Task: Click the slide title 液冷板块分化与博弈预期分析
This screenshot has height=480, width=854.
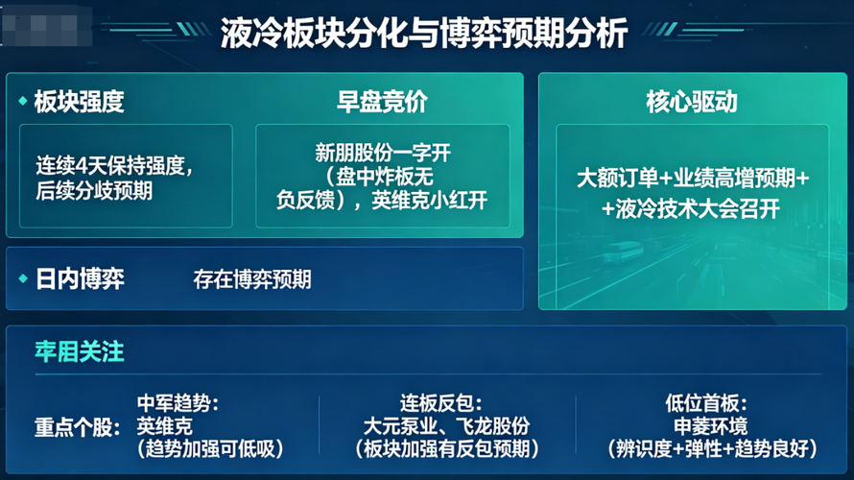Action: tap(424, 33)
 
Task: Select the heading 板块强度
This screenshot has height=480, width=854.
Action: tap(79, 102)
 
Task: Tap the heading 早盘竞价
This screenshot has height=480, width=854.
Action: tap(382, 102)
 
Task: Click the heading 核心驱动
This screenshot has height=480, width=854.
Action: tap(692, 102)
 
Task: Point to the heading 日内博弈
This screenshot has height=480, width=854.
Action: tap(80, 279)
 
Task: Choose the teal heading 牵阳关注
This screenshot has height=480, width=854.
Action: tap(80, 351)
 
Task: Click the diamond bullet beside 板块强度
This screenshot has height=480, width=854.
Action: tap(23, 101)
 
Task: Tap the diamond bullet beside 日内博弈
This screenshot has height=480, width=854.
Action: tap(23, 278)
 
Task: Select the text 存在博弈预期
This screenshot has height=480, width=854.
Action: tap(252, 279)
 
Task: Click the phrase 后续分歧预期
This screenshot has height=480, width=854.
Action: tap(94, 191)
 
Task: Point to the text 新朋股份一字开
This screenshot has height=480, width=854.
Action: tap(383, 153)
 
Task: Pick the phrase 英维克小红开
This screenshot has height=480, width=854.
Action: tap(429, 201)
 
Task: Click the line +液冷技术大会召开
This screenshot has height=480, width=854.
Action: tap(691, 208)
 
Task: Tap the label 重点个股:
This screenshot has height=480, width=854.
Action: tap(78, 427)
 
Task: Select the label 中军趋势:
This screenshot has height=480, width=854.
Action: tap(178, 403)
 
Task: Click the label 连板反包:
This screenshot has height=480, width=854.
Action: tap(440, 403)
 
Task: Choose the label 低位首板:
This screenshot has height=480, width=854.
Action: tap(706, 403)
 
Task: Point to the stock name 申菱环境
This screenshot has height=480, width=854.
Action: tap(711, 426)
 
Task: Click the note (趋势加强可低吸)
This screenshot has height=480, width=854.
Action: tap(210, 449)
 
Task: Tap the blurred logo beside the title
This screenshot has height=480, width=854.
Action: tap(46, 26)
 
